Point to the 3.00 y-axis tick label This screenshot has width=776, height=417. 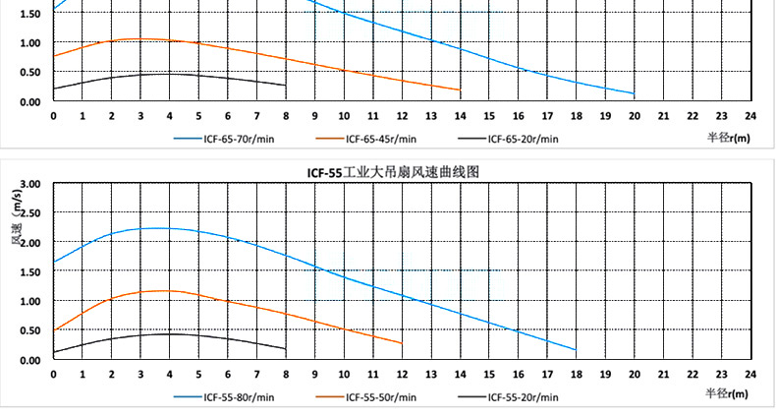29,184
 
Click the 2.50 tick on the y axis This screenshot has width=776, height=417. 29,213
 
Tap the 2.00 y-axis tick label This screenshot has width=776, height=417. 29,243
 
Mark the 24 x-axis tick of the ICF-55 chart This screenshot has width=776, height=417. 750,375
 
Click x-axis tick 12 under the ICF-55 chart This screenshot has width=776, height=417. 402,375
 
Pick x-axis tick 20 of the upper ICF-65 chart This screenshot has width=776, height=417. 635,116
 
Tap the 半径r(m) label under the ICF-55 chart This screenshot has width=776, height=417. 728,393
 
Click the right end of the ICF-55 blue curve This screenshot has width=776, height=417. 576,349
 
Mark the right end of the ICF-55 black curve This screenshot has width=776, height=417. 285,348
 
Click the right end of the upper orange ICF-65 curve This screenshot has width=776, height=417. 460,90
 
